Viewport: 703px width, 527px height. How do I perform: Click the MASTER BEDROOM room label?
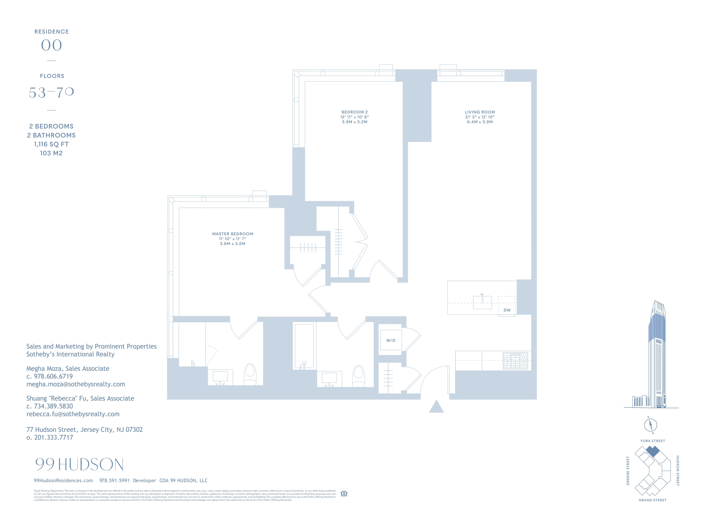coord(233,234)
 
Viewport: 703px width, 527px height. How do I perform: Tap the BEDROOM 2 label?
coord(354,112)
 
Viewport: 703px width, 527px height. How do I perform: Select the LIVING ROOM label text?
coord(480,112)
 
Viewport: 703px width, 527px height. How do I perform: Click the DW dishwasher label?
coord(507,310)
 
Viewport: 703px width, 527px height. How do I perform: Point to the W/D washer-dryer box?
coord(391,340)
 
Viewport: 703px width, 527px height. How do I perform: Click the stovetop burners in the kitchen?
coord(515,361)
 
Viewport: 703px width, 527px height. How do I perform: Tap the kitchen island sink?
coord(482,302)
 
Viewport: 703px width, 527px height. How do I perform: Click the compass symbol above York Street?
coord(651,425)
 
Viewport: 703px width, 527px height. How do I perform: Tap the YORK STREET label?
coord(652,441)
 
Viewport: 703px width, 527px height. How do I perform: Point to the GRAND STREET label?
coord(652,500)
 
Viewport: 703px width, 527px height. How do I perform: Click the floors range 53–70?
coord(51,92)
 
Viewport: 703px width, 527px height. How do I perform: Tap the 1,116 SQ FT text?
coord(51,144)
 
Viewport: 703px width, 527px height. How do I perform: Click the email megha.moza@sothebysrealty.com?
coord(76,384)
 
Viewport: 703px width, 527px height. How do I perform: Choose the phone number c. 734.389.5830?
coord(50,406)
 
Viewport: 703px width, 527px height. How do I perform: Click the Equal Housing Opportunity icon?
coord(344,493)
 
